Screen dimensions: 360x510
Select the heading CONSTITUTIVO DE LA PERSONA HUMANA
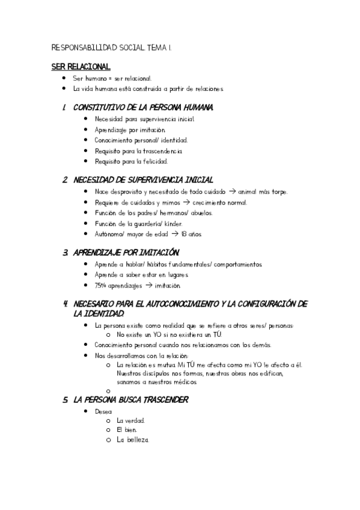(x=142, y=107)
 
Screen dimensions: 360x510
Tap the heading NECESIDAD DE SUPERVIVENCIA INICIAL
(x=143, y=180)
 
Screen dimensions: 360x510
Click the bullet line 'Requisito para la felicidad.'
(x=131, y=161)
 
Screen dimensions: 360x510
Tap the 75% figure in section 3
(x=101, y=285)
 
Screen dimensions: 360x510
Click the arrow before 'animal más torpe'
(x=233, y=191)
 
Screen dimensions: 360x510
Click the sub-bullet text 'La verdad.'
(x=130, y=420)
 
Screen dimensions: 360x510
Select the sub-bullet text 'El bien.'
(x=127, y=430)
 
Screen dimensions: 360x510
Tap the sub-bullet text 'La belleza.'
(x=132, y=440)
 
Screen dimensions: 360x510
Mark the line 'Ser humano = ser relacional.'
(x=112, y=78)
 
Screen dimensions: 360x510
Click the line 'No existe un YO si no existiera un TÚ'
(x=169, y=334)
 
